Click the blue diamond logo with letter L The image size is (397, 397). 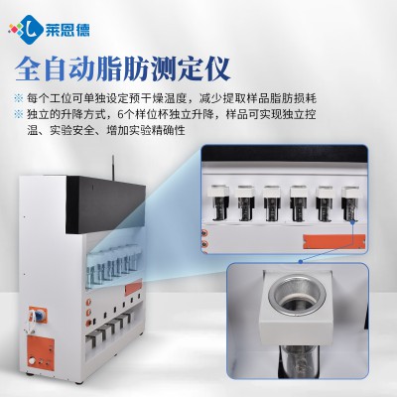click(30, 30)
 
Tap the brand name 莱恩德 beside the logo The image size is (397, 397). click(66, 31)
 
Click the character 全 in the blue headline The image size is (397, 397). click(28, 69)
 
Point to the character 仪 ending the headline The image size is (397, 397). click(217, 69)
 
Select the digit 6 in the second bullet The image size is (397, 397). click(120, 114)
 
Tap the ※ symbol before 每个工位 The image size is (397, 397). click(18, 98)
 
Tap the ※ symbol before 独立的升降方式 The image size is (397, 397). click(18, 114)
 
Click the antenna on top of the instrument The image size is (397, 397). click(112, 167)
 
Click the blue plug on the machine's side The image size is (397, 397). click(39, 316)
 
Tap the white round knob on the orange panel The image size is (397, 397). click(32, 361)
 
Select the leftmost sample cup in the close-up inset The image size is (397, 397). click(218, 202)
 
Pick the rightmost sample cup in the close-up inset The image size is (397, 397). click(351, 202)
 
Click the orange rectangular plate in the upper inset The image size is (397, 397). click(334, 241)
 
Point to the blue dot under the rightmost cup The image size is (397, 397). click(353, 222)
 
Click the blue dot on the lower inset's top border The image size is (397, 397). click(301, 262)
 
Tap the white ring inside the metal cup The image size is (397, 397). click(296, 300)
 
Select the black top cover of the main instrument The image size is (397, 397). click(106, 205)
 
